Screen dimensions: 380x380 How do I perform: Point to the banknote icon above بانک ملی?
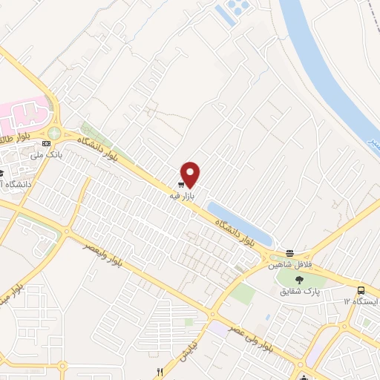click(x=48, y=142)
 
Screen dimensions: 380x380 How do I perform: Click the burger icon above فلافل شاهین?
click(x=289, y=253)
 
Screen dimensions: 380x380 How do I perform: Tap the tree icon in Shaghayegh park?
click(x=298, y=279)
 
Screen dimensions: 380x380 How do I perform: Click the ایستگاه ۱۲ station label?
click(x=361, y=301)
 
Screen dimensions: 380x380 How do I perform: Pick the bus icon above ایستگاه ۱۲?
click(x=361, y=290)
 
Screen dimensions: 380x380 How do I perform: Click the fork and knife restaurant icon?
click(x=159, y=371)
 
